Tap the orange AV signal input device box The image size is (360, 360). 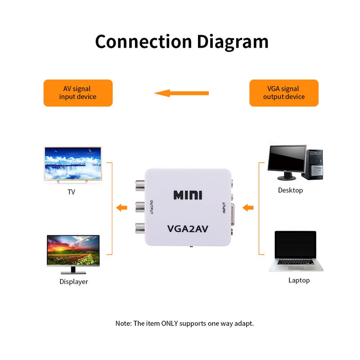[78, 93]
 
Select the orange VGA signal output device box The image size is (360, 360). [284, 93]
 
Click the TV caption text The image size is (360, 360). [71, 192]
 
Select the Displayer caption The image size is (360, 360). [74, 282]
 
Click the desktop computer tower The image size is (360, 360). [314, 164]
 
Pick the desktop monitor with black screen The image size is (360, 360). [287, 160]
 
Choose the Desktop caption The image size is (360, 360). [290, 190]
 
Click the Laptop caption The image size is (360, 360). [299, 280]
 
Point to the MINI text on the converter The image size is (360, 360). [188, 195]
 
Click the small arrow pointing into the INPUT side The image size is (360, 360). [248, 208]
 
